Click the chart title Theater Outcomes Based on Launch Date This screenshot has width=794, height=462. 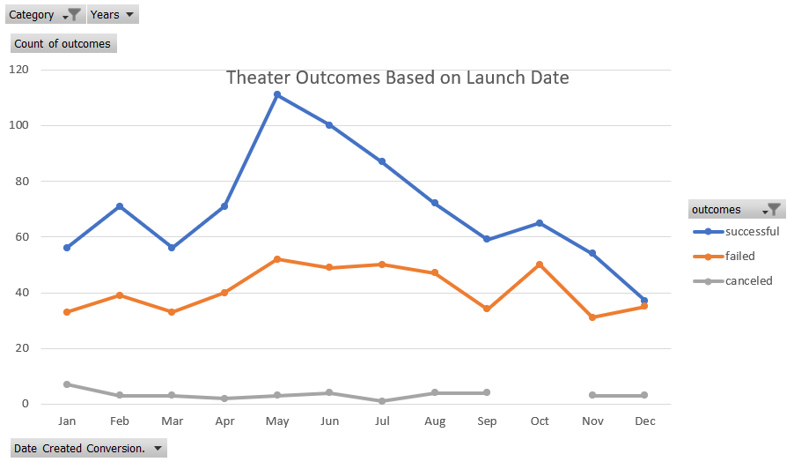point(397,78)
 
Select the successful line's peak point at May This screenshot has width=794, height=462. point(276,94)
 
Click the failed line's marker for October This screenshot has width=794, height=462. point(539,265)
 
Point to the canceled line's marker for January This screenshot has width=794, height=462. point(67,384)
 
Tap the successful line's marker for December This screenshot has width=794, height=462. point(644,301)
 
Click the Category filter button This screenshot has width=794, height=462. point(44,14)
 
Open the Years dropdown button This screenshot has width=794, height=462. point(113,14)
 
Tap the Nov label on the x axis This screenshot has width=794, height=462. point(592,421)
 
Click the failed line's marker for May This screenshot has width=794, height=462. point(276,259)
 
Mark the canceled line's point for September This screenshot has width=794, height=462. point(487,392)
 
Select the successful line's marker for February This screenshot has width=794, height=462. point(120,206)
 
